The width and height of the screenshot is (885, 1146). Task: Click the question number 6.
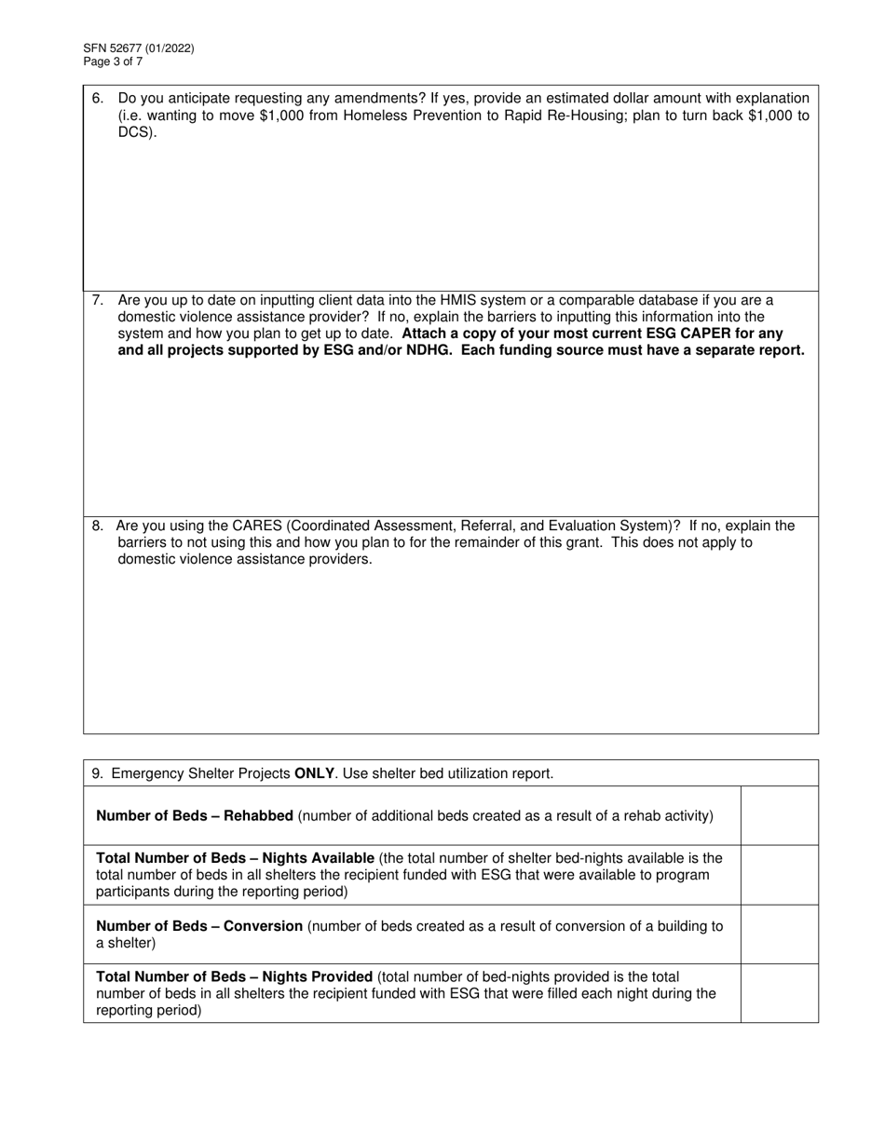(97, 99)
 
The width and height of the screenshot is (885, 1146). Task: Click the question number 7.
(97, 300)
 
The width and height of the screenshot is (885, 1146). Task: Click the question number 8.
(97, 525)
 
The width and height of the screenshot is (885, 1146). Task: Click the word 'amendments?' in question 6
(359, 99)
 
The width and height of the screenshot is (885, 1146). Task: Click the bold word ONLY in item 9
(314, 773)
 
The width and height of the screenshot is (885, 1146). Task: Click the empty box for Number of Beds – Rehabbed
(779, 815)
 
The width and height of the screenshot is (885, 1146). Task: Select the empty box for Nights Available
(779, 875)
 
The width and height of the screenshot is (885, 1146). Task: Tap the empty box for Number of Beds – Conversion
(779, 935)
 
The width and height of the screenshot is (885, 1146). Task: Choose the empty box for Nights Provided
(779, 993)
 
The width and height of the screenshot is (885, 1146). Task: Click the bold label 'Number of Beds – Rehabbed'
(195, 816)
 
